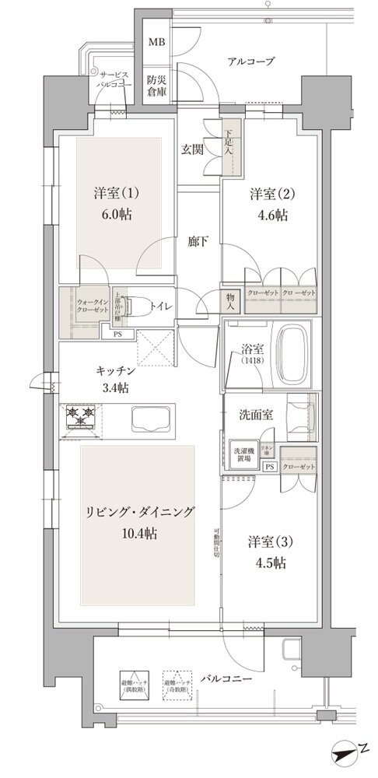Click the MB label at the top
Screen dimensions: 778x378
point(156,41)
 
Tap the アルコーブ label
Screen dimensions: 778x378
point(250,61)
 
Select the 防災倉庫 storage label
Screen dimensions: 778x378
point(157,85)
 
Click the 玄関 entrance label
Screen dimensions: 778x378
point(193,149)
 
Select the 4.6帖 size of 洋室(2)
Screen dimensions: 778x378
point(271,216)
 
